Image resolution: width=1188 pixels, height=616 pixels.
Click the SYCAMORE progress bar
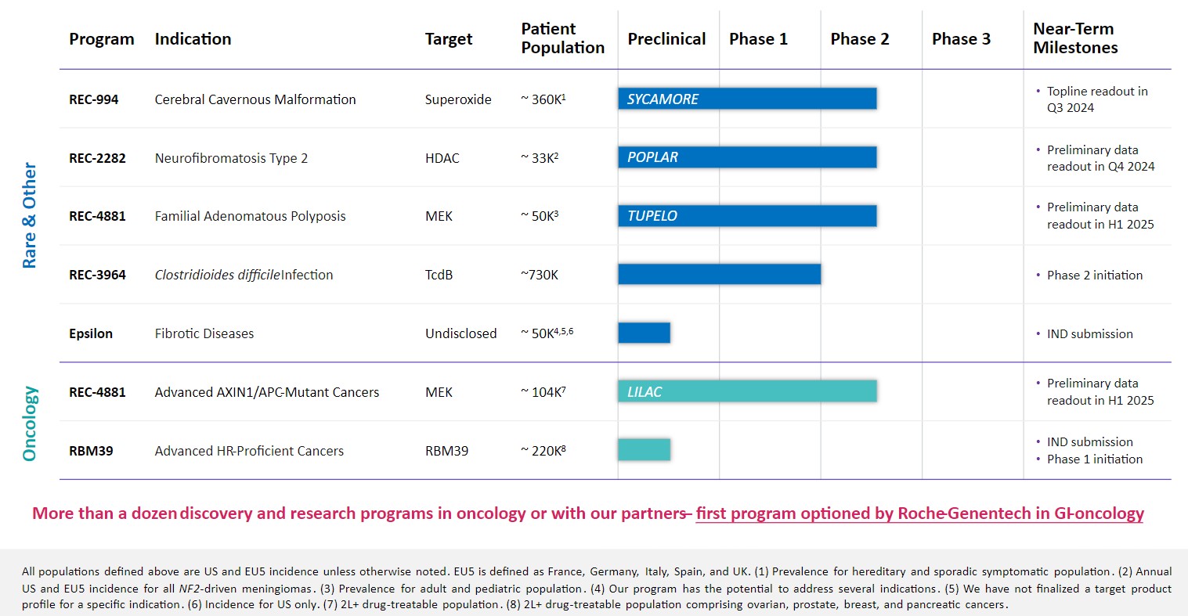(x=747, y=99)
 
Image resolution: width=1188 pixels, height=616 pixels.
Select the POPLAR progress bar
(x=747, y=157)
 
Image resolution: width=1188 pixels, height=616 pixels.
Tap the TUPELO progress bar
(x=747, y=216)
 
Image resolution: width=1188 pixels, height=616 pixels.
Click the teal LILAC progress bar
(x=747, y=391)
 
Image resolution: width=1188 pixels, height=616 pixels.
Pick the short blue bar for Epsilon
(x=644, y=333)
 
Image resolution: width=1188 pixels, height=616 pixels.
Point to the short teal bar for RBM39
(x=644, y=450)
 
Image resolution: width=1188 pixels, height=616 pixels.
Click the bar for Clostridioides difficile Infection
(x=719, y=274)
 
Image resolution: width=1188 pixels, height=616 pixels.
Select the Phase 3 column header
(x=961, y=39)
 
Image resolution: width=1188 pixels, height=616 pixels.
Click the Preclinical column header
(x=666, y=39)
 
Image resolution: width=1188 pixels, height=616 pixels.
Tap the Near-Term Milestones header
(x=1075, y=38)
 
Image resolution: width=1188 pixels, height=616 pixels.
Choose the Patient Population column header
(x=562, y=38)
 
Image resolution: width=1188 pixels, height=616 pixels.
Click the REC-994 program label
(x=94, y=99)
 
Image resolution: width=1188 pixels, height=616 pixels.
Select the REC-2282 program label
(x=97, y=158)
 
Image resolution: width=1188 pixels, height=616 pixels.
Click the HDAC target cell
(x=442, y=158)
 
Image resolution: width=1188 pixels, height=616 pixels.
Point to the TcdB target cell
(x=439, y=275)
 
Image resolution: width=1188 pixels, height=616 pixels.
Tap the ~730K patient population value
(x=540, y=275)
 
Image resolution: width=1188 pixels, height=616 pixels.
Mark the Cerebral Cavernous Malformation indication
(x=255, y=99)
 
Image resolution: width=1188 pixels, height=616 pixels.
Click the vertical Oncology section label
(x=30, y=423)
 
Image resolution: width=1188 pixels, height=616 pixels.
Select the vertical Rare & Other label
(x=30, y=215)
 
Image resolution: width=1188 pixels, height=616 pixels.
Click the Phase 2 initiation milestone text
(x=1094, y=275)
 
